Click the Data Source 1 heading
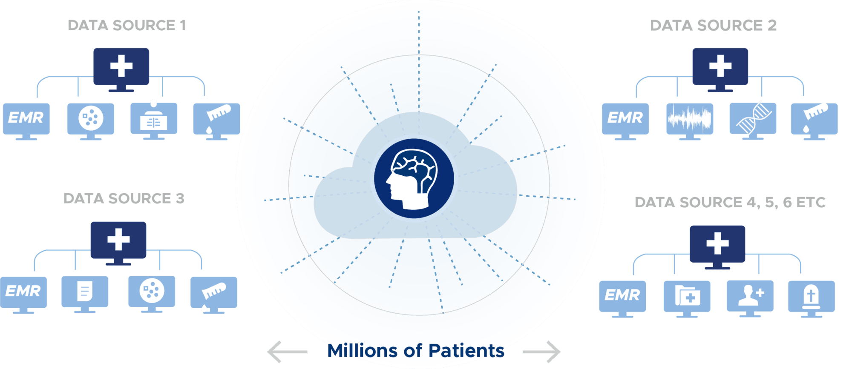tap(127, 26)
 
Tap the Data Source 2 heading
tap(713, 26)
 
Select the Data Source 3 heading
tap(124, 198)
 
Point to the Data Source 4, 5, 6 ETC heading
tap(730, 202)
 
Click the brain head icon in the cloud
tap(414, 178)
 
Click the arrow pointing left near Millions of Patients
tap(287, 352)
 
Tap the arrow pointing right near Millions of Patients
tap(541, 352)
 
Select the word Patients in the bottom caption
tap(466, 351)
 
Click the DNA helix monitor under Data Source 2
tap(753, 121)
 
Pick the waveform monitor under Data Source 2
tap(690, 121)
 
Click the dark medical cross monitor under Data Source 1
tap(121, 70)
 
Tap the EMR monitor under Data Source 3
tap(23, 295)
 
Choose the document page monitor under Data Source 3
tap(85, 294)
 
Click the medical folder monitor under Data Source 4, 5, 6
tap(687, 299)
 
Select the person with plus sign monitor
tap(750, 298)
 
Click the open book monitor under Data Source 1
tap(154, 121)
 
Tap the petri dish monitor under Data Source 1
tap(91, 121)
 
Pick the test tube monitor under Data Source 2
tap(814, 121)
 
